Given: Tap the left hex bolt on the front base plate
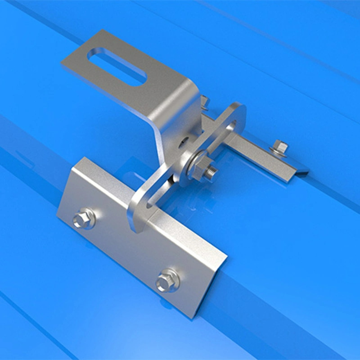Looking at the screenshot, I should point(84,219).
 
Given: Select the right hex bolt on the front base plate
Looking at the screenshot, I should point(167,282).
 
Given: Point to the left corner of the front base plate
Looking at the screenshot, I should point(57,211).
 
